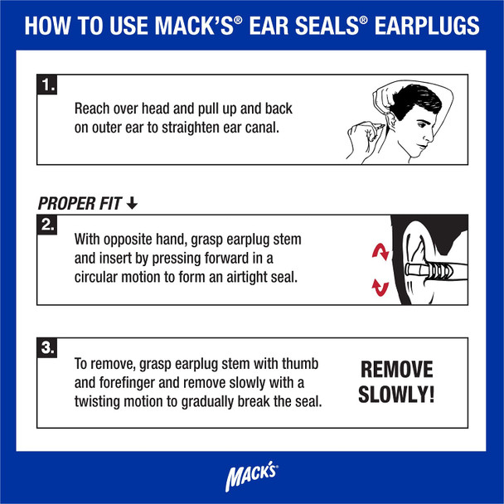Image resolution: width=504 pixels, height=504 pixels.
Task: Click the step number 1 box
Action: [48, 84]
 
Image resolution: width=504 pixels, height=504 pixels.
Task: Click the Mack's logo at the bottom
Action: [252, 478]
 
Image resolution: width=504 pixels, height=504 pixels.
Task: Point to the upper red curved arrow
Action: [380, 250]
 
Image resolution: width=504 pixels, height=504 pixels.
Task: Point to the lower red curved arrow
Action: [380, 288]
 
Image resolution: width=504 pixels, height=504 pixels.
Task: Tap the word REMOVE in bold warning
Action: [396, 370]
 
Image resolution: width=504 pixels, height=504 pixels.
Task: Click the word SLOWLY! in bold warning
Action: [396, 395]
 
